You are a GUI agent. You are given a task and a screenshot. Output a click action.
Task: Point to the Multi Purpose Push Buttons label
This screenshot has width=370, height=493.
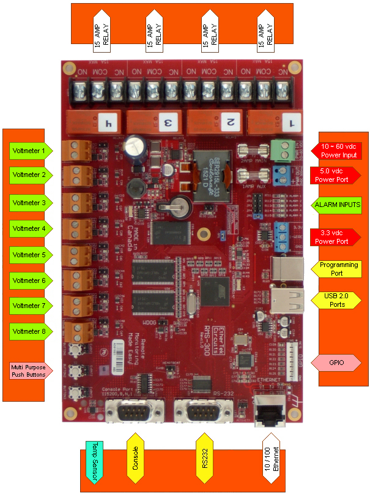[x=29, y=370]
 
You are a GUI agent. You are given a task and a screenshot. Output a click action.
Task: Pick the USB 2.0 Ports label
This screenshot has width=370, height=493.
[x=336, y=300]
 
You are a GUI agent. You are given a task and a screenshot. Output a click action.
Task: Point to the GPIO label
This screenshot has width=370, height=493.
[x=336, y=363]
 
